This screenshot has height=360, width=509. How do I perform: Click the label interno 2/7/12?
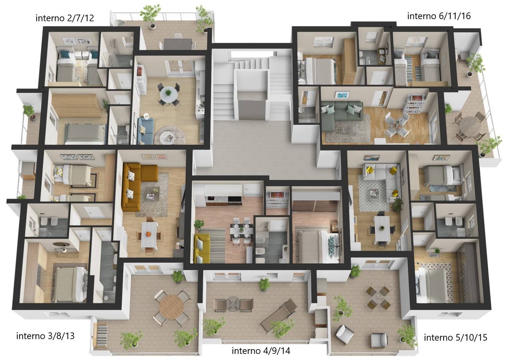tap(65, 18)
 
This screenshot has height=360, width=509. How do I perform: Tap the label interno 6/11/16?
tap(439, 16)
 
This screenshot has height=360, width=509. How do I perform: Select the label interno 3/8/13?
tap(45, 336)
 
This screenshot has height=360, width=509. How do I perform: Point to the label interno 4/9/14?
tap(261, 351)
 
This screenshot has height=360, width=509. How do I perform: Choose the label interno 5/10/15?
tap(456, 337)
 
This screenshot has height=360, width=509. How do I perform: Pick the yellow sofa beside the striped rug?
tap(202, 248)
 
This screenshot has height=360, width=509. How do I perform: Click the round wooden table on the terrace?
tap(171, 307)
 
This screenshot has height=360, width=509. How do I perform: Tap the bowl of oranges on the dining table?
tap(148, 234)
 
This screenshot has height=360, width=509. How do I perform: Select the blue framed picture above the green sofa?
tap(342, 95)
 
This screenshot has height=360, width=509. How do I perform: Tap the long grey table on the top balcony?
tap(178, 44)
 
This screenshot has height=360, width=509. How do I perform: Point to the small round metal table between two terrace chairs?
tap(233, 304)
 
